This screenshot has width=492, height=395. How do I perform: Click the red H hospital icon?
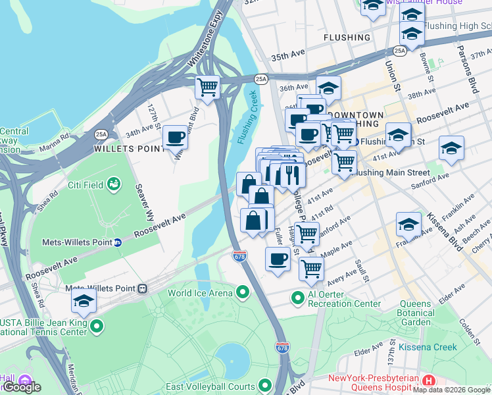pyautogui.click(x=429, y=381)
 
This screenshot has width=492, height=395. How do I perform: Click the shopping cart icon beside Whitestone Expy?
pyautogui.click(x=207, y=87)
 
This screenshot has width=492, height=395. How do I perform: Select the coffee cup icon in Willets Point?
pyautogui.click(x=175, y=137)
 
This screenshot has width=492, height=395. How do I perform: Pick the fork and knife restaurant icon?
pyautogui.click(x=290, y=174)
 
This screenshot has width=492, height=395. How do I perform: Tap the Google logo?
pyautogui.click(x=22, y=387)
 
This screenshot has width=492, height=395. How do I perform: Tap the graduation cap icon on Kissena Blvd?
pyautogui.click(x=408, y=224)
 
